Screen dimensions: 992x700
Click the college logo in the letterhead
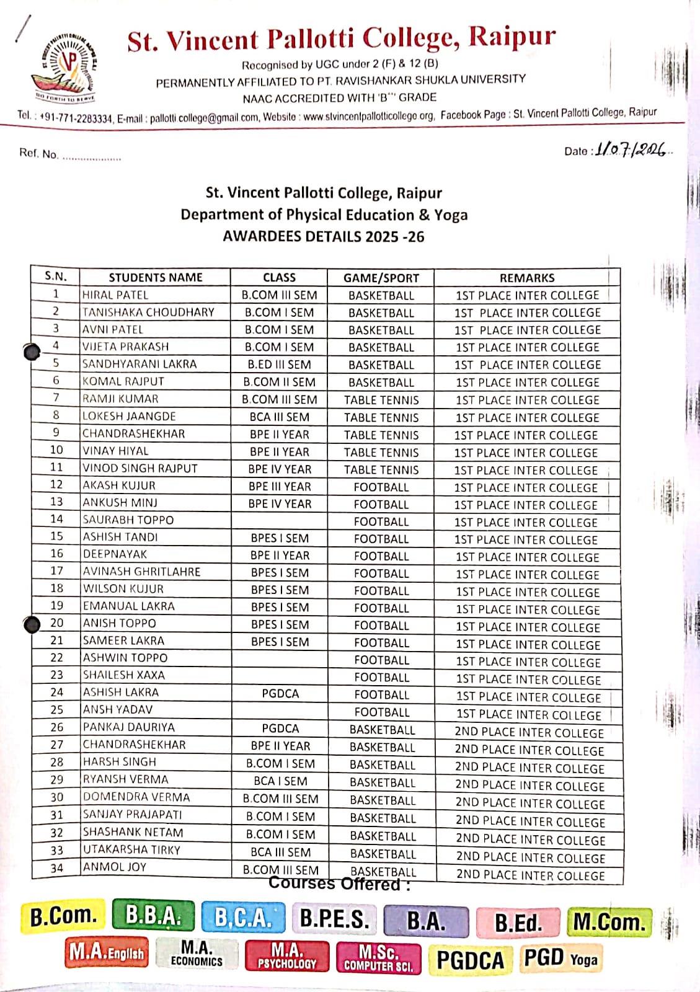pyautogui.click(x=64, y=66)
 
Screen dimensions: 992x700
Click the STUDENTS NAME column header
pyautogui.click(x=156, y=278)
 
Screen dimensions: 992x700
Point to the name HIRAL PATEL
pyautogui.click(x=115, y=295)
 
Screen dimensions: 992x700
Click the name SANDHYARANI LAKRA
pyautogui.click(x=140, y=364)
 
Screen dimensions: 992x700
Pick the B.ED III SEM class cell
pyautogui.click(x=279, y=365)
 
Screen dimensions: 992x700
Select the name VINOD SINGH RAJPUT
pyautogui.click(x=140, y=469)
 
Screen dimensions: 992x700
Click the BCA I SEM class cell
pyautogui.click(x=280, y=781)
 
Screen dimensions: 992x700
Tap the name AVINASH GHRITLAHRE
pyautogui.click(x=142, y=572)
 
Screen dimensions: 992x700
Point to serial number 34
pyautogui.click(x=56, y=868)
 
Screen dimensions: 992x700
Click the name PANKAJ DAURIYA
pyautogui.click(x=129, y=727)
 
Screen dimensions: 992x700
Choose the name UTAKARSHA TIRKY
pyautogui.click(x=131, y=849)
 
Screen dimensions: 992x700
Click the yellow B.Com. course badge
pyautogui.click(x=63, y=916)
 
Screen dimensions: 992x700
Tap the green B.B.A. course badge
pyautogui.click(x=153, y=916)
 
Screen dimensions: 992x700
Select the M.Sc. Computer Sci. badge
pyautogui.click(x=378, y=957)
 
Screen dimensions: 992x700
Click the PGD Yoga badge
pyautogui.click(x=560, y=958)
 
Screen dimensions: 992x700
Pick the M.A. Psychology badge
pyautogui.click(x=287, y=956)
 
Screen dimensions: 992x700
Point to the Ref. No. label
pyautogui.click(x=38, y=153)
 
